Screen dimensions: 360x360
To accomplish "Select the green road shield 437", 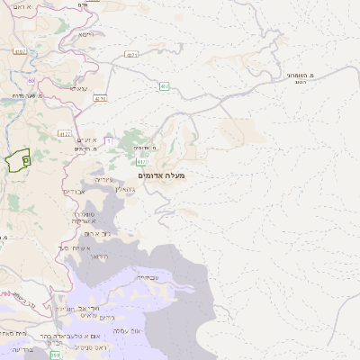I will (165, 86).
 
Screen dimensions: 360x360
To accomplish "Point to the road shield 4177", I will (65, 134).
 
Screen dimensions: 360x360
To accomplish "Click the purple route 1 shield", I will (108, 141).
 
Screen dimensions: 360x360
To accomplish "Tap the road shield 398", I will (55, 355).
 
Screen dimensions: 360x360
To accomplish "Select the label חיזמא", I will (86, 34).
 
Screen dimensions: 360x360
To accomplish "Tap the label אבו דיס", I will (74, 192).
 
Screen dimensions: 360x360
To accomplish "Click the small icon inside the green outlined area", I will (26, 159).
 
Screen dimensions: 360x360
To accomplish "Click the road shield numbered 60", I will (31, 81).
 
